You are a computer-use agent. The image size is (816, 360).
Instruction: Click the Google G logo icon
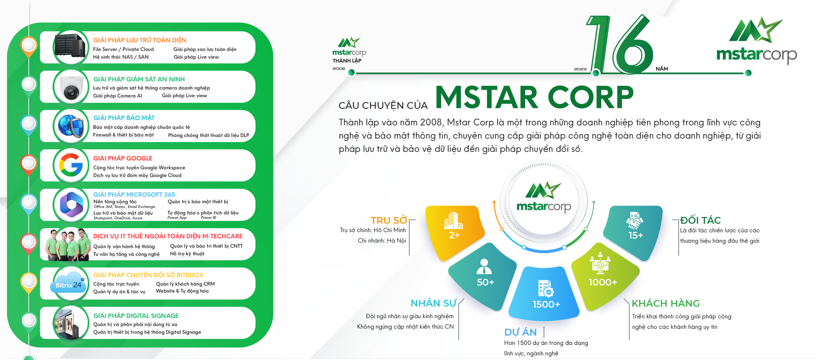pyautogui.click(x=71, y=165)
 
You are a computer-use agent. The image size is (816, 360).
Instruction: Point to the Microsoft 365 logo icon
pyautogui.click(x=71, y=204)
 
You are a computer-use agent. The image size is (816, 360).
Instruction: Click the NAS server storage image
pyautogui.click(x=70, y=47)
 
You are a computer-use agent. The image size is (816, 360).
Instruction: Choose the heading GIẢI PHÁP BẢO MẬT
pyautogui.click(x=124, y=118)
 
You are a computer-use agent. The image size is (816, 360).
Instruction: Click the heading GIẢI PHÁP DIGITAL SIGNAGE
pyautogui.click(x=136, y=316)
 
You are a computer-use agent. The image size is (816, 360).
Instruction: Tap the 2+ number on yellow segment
pyautogui.click(x=454, y=235)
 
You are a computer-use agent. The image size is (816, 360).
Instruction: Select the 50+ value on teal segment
pyautogui.click(x=485, y=282)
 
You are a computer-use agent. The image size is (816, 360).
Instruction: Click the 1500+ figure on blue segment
pyautogui.click(x=546, y=305)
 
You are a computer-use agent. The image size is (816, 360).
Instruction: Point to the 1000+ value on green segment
pyautogui.click(x=603, y=282)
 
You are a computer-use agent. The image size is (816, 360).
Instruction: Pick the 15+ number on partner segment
pyautogui.click(x=636, y=235)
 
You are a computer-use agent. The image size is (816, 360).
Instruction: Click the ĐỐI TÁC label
pyautogui.click(x=700, y=220)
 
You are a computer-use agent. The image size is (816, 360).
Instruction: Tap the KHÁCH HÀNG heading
pyautogui.click(x=665, y=303)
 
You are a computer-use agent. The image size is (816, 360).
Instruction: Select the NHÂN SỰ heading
pyautogui.click(x=433, y=303)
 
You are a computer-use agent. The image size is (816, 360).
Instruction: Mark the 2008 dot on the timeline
pyautogui.click(x=351, y=72)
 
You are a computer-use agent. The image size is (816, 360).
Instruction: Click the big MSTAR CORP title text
pyautogui.click(x=534, y=98)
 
